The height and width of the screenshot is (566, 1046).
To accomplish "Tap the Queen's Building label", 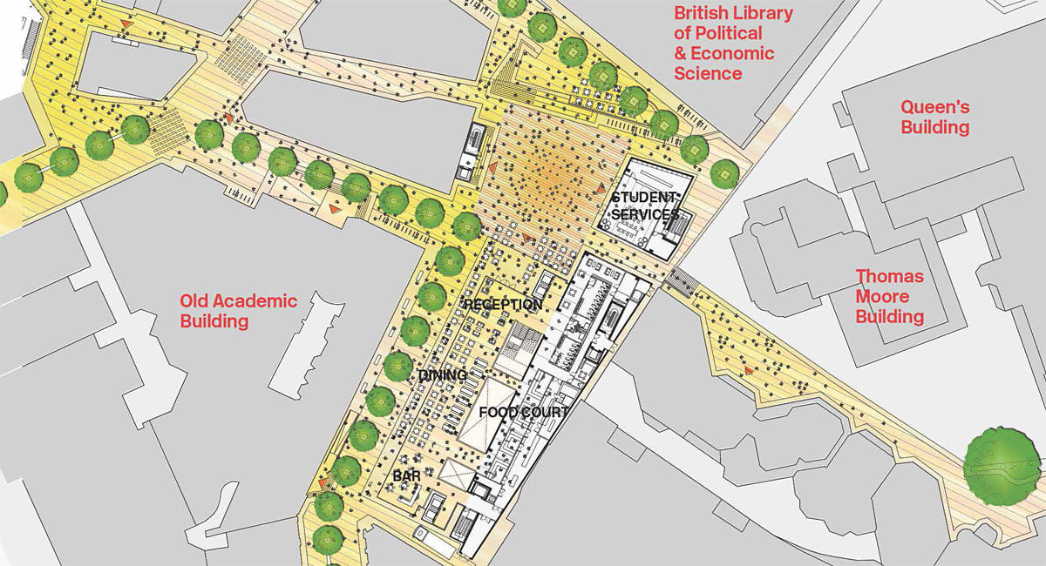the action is click(934, 118).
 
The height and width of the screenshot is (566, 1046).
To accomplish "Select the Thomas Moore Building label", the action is click(889, 297).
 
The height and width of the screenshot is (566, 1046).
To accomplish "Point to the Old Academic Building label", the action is click(238, 312).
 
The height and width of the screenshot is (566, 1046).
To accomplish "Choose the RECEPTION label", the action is click(502, 305).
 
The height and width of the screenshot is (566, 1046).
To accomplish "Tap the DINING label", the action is click(444, 375).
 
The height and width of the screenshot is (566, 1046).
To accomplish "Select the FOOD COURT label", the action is click(524, 412).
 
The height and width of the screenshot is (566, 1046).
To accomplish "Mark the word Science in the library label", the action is click(709, 73).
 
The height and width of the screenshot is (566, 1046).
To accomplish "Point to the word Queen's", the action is click(934, 108).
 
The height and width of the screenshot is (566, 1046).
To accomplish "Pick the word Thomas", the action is click(889, 277).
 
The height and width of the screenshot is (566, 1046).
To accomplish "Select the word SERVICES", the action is click(645, 214).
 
